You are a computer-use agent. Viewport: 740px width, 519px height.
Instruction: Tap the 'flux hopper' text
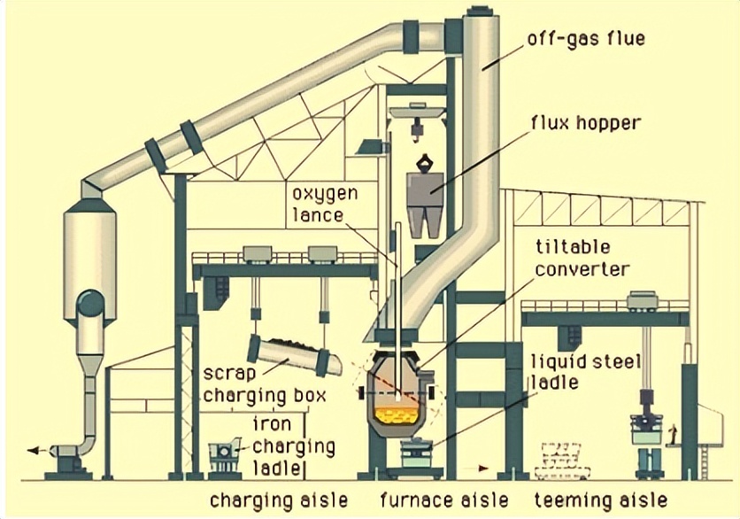pos(585,122)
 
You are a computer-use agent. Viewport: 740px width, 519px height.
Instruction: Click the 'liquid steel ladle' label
pos(567,372)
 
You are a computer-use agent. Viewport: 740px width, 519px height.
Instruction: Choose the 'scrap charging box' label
pos(265,383)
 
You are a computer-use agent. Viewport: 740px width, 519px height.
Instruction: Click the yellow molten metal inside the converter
pos(396,412)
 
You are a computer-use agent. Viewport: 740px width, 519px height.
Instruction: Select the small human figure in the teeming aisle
pos(673,435)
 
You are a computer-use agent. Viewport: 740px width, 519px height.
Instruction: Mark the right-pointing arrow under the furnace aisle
pos(482,466)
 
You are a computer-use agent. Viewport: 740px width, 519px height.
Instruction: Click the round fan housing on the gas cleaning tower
pos(89,306)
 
